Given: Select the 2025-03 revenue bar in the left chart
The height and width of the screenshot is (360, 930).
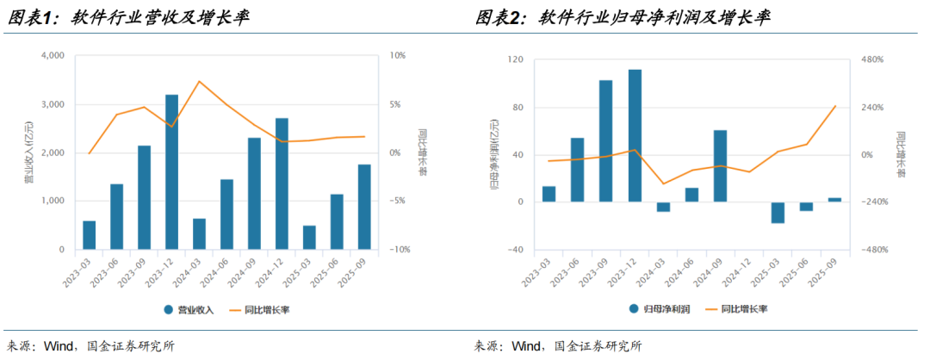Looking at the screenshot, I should (x=309, y=238).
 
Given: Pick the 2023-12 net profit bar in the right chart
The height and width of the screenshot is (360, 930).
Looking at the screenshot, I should (x=635, y=135).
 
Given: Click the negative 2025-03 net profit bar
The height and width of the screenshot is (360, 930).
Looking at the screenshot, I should (x=778, y=213).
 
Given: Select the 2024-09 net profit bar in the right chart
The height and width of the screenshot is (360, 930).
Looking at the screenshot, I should (x=721, y=166).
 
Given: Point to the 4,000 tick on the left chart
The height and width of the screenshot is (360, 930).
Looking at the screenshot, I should (x=53, y=56).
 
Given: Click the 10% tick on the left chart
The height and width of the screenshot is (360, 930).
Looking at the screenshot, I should (x=398, y=56).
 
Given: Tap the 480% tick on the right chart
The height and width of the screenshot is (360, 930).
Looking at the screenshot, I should (x=860, y=59).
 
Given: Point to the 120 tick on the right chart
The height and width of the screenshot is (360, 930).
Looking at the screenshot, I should (x=515, y=59).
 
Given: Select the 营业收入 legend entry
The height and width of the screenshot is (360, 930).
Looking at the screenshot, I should (x=193, y=308).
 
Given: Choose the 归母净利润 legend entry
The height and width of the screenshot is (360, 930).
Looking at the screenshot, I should (x=657, y=308).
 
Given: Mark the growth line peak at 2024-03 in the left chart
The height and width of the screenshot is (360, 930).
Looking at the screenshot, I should (x=199, y=82).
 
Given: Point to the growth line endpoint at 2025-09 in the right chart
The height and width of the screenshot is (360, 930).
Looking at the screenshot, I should (x=835, y=107).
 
